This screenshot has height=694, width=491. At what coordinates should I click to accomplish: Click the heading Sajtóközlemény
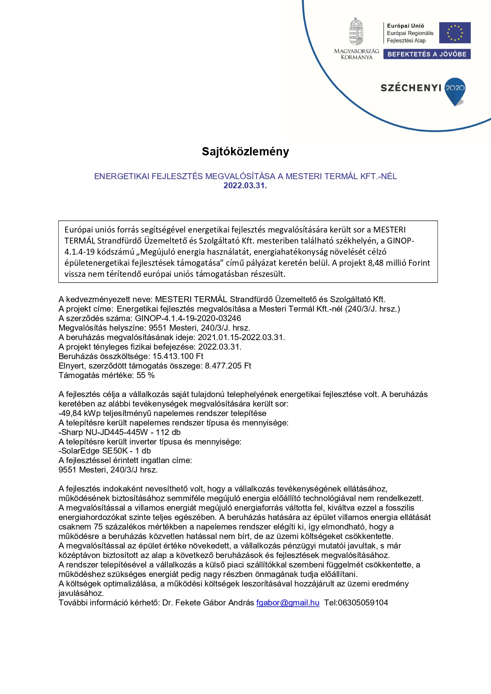coord(245,151)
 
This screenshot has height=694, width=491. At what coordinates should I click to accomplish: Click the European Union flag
coord(455,33)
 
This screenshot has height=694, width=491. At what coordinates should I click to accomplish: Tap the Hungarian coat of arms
coord(356,32)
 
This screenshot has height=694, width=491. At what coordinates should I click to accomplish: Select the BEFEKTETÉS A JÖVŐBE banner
coord(427,54)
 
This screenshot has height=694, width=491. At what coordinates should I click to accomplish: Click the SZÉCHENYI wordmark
coord(411,88)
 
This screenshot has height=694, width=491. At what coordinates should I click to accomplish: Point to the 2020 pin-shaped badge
coord(455,90)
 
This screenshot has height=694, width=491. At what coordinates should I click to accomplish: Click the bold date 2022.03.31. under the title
coord(245,185)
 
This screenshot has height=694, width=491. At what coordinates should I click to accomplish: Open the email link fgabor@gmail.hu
coord(288,603)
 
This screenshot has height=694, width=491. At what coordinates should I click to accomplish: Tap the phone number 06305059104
coord(363,603)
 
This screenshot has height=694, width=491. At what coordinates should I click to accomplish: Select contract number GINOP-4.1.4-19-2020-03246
coord(188,318)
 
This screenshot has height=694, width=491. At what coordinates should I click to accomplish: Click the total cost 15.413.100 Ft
coord(178,356)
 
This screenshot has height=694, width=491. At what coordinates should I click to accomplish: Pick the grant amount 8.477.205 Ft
coord(228,366)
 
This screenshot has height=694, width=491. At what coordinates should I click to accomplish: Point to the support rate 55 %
coord(146,375)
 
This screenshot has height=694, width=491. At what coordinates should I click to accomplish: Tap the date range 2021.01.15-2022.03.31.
coord(241,337)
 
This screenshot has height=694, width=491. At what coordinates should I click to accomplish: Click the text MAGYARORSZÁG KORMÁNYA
coord(356,54)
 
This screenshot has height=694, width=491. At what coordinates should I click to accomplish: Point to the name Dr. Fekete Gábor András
coord(208,603)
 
